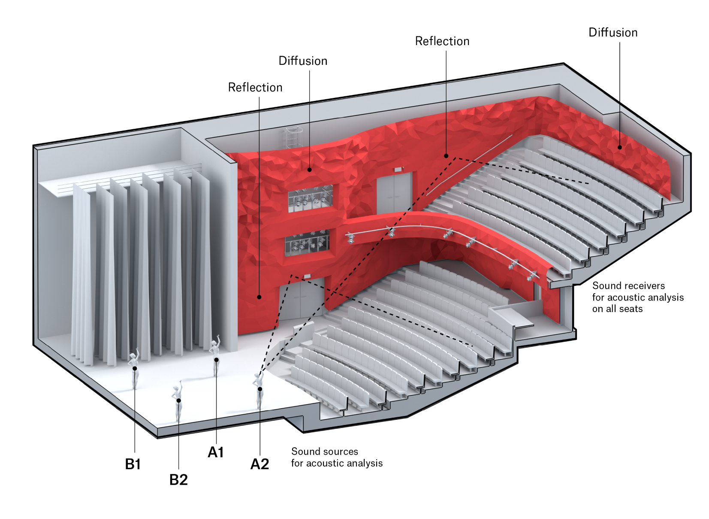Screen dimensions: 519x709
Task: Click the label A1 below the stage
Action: coord(216,452)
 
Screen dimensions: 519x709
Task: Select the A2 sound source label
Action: coord(259,464)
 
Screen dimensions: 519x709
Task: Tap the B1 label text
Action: coord(133,464)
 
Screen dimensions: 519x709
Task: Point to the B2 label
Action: coord(178,480)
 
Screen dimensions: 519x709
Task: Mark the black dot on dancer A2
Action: coord(260,389)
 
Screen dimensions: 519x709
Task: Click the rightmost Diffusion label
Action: coord(612,33)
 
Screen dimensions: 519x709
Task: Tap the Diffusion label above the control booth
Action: coord(303,61)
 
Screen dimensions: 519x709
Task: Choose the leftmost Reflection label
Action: coord(255,88)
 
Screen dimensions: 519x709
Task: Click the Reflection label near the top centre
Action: coord(442,41)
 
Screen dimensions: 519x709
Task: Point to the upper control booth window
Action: coord(311,198)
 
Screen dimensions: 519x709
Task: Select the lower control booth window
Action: coord(308,243)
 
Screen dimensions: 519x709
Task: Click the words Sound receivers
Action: coord(628,286)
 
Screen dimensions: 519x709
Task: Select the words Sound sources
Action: coord(324,452)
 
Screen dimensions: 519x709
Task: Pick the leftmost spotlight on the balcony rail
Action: coord(350,238)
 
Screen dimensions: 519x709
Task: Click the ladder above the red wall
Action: coord(293,137)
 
